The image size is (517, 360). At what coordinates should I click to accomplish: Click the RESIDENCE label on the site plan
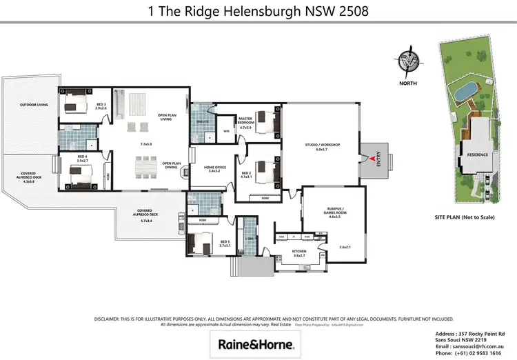(x=478, y=154)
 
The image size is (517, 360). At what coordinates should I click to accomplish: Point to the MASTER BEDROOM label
(x=247, y=123)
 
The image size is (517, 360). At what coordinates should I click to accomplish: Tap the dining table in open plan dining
(x=145, y=166)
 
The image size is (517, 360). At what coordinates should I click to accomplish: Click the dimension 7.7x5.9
(x=145, y=144)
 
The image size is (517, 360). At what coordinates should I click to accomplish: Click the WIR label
(x=226, y=130)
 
